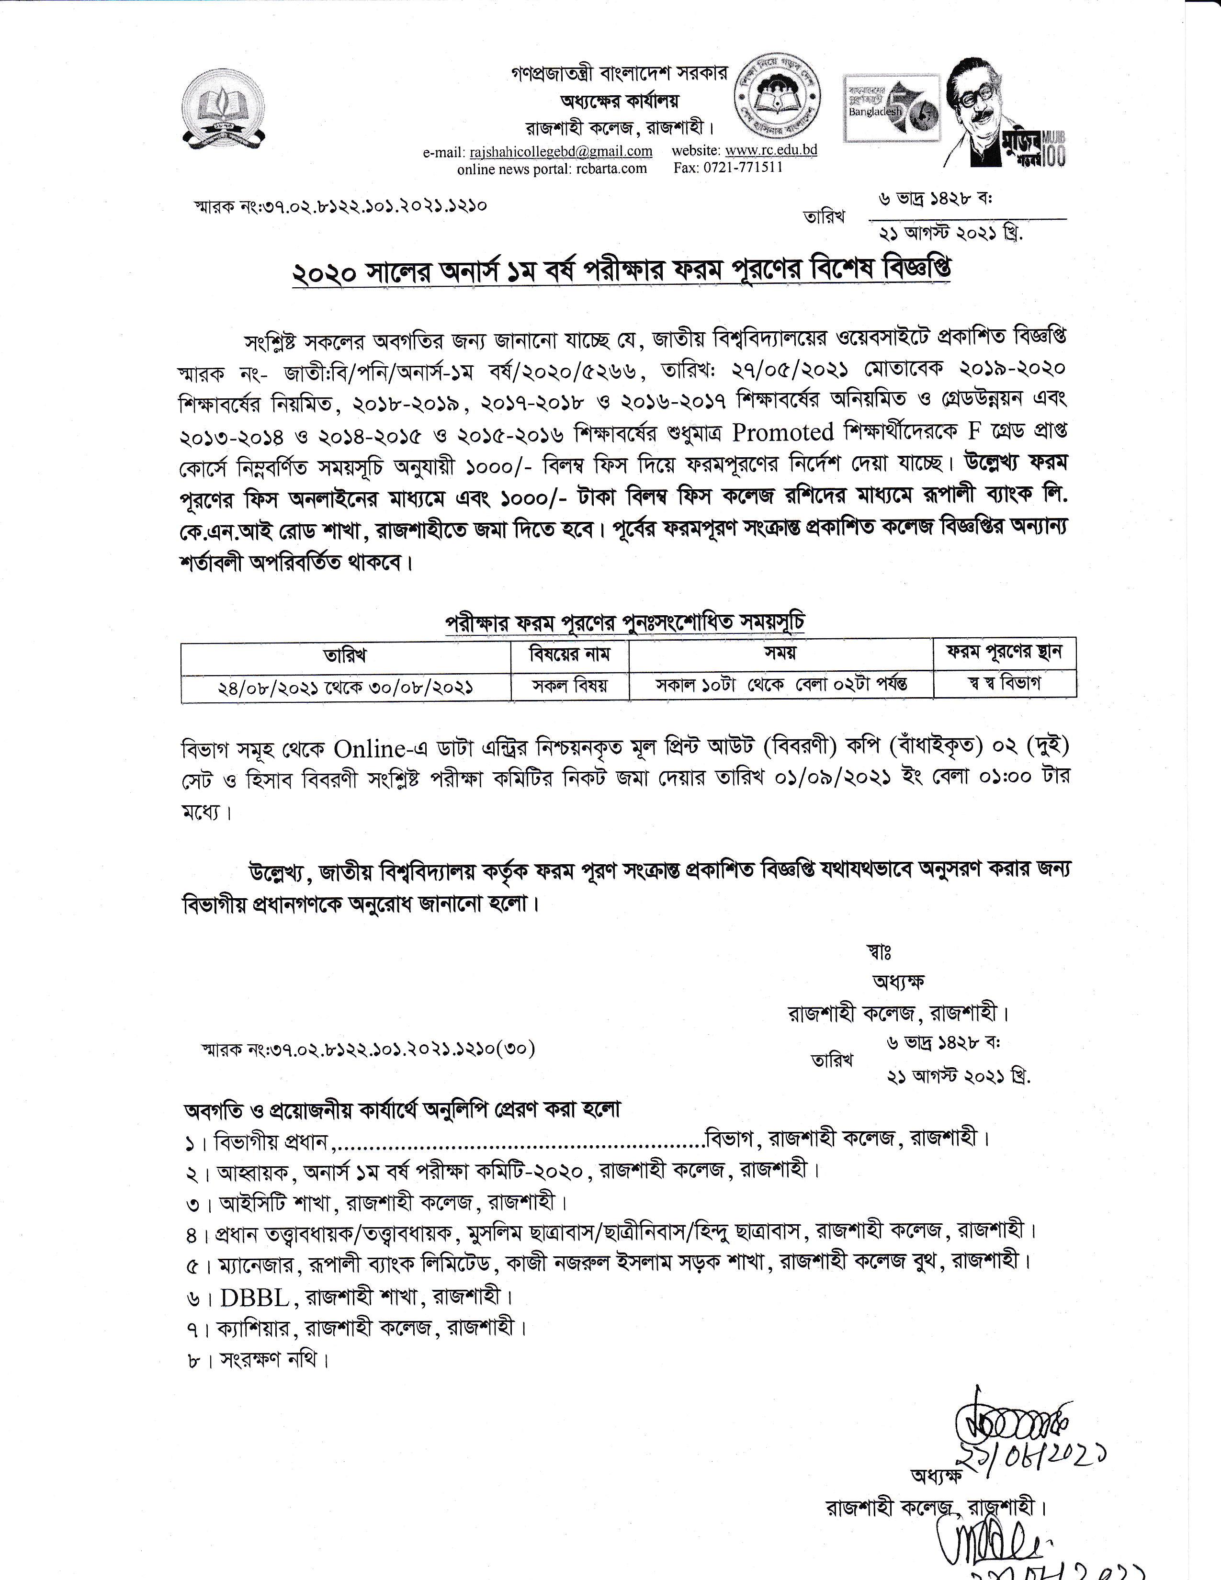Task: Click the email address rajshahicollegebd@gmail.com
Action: pyautogui.click(x=561, y=151)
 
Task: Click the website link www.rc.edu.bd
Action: pyautogui.click(x=771, y=150)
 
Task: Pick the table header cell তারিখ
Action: pyautogui.click(x=345, y=655)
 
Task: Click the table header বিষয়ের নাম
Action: pyautogui.click(x=570, y=654)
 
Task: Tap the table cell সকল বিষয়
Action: pyautogui.click(x=570, y=685)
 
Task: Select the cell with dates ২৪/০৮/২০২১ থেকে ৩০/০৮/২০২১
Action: pyautogui.click(x=345, y=687)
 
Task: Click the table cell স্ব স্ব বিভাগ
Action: pyautogui.click(x=1004, y=684)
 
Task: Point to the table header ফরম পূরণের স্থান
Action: pyautogui.click(x=1004, y=653)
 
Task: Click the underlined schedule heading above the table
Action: pyautogui.click(x=624, y=623)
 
